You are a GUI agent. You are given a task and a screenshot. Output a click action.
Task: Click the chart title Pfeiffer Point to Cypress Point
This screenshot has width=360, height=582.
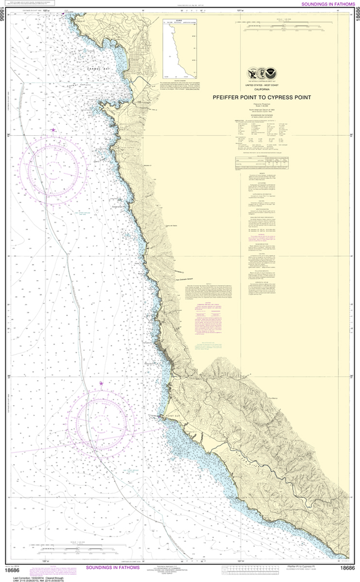coord(262,97)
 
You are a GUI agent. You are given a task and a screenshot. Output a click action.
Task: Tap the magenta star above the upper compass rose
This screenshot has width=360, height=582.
coord(53,130)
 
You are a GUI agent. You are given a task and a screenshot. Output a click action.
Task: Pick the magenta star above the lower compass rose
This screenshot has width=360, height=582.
coord(102,384)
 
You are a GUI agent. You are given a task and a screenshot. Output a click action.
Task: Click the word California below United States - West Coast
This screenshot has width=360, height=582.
coord(262,89)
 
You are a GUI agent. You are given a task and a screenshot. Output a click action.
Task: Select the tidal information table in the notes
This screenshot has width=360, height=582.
coord(262,163)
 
